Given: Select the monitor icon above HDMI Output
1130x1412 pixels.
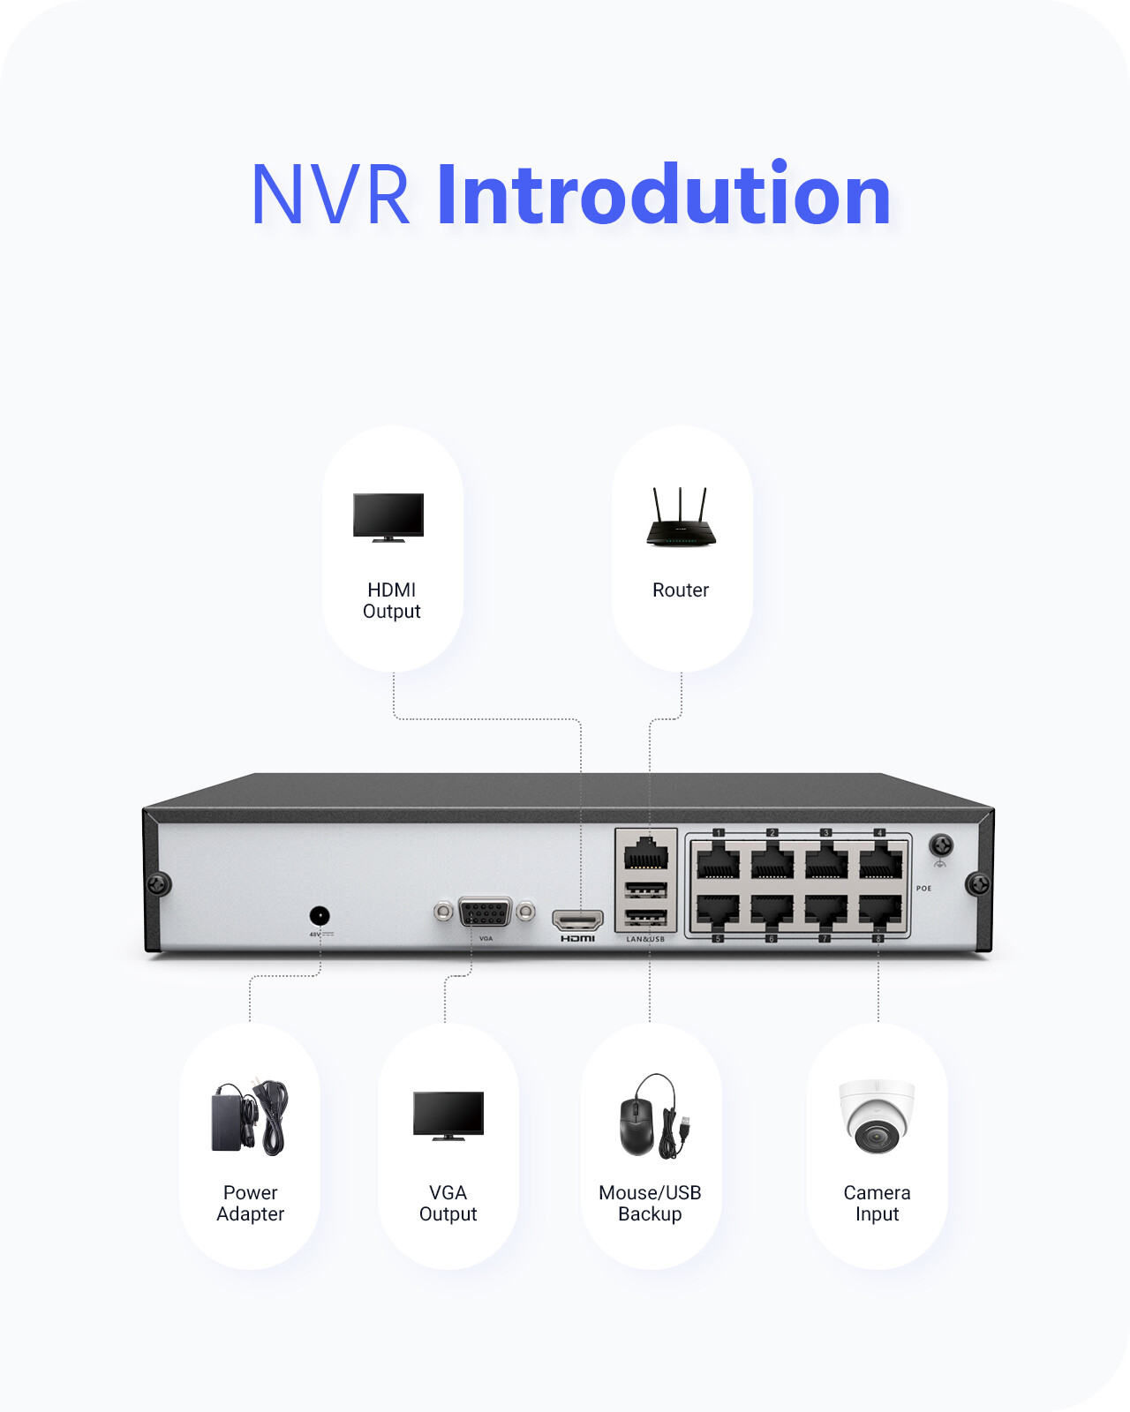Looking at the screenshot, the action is (388, 517).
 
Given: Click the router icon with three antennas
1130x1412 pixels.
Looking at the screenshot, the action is (680, 519).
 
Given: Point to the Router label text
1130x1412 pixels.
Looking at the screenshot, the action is (681, 590).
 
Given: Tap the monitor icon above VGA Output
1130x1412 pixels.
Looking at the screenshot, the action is (448, 1115).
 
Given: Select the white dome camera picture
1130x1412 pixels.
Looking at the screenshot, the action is (877, 1116).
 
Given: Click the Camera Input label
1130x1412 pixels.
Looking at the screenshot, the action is (877, 1204).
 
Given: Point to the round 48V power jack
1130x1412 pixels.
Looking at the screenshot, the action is (320, 916).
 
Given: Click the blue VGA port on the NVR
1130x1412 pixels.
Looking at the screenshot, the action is (485, 913).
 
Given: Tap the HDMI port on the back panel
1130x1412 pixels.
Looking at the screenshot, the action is (577, 920).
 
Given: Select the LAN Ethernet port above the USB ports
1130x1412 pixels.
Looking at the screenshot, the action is (645, 854).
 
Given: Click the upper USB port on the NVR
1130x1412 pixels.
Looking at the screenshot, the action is (645, 889).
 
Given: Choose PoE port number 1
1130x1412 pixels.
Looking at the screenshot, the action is (718, 860).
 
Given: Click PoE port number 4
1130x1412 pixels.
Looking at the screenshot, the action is (880, 860).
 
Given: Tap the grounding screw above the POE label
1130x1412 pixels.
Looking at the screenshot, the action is (941, 845).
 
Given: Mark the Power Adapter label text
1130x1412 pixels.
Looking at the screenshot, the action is (251, 1204).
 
